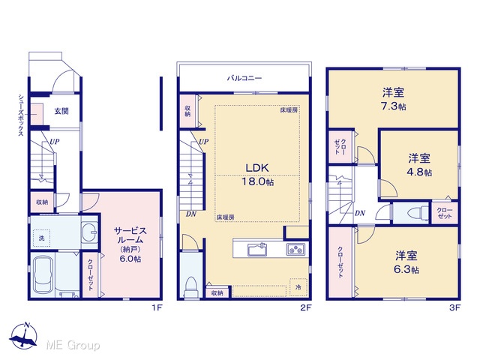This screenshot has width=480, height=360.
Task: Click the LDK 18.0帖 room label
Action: coord(258,175)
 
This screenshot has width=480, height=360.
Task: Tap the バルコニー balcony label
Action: coord(244,78)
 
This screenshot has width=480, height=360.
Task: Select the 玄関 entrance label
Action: coord(61,111)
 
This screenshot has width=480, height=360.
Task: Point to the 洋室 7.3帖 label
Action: coord(393,99)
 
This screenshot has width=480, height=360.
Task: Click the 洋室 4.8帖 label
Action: coord(419,165)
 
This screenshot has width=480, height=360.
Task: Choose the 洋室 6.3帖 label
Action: coord(406,262)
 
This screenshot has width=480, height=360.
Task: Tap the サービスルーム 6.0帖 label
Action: coord(130,244)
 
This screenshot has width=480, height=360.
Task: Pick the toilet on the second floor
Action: coord(190,286)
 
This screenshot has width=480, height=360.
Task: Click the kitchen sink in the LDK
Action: coord(257,250)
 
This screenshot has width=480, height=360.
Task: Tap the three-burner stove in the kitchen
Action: coord(296,250)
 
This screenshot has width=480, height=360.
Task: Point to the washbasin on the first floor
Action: coord(89,232)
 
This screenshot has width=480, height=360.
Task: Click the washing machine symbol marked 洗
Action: coord(42,238)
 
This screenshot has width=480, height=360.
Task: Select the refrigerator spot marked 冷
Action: coord(298,287)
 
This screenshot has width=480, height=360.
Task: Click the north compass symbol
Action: coord(23,335)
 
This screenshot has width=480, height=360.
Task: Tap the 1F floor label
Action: coord(157,308)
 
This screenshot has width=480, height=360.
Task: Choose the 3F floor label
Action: coord(455,308)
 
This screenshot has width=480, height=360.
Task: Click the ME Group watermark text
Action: coord(73,346)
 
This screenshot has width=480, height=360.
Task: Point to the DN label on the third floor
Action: coord(360,213)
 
